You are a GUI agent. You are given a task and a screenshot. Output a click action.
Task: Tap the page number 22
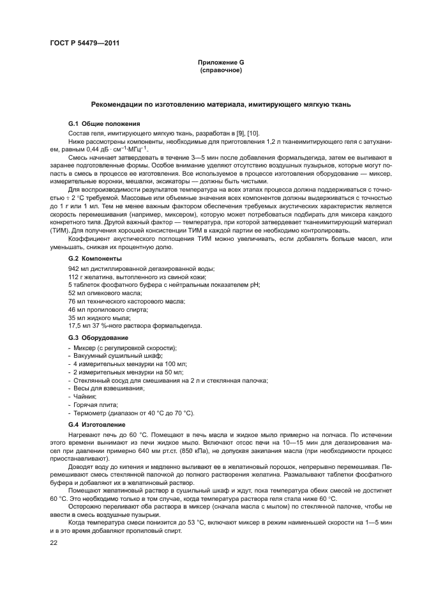pos(54,542)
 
